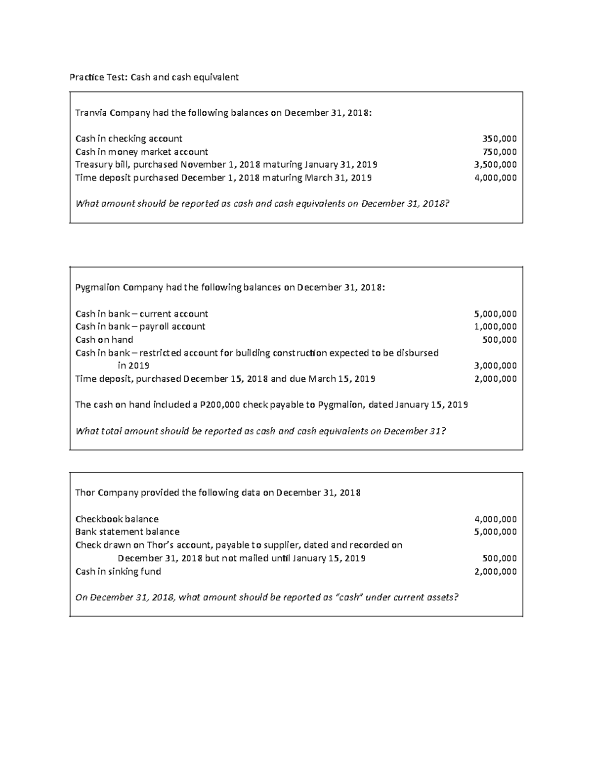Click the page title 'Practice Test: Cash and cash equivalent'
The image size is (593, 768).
(x=154, y=77)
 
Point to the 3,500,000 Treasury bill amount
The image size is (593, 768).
(x=495, y=165)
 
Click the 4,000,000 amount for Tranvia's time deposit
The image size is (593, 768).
(x=495, y=178)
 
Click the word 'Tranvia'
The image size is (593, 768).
(x=91, y=113)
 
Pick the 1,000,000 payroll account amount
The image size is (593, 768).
(x=495, y=326)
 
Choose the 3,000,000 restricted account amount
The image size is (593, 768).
(x=495, y=366)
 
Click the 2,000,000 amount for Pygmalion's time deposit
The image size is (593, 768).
(x=495, y=379)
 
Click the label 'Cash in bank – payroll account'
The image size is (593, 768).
(x=140, y=326)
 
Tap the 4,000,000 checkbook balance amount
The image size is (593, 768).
(x=495, y=519)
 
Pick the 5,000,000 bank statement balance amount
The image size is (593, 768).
(x=495, y=532)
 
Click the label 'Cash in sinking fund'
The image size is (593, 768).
(x=118, y=572)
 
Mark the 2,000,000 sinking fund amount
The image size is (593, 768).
(x=495, y=572)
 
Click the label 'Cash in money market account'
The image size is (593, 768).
(x=141, y=152)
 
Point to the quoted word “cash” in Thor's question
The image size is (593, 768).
(x=349, y=597)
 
